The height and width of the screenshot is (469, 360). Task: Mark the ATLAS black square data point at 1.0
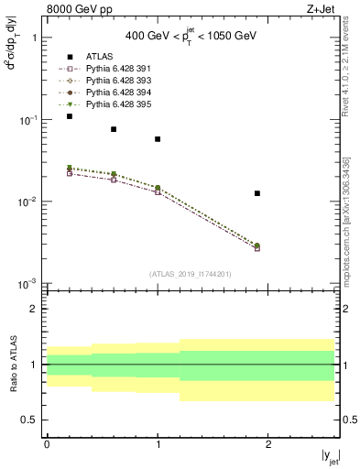(158, 139)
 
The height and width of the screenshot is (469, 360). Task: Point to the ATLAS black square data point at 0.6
(114, 129)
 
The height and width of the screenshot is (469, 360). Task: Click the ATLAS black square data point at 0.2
(70, 116)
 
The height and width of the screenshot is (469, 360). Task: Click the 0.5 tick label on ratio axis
(31, 420)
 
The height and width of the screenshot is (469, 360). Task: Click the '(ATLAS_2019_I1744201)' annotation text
(191, 274)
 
